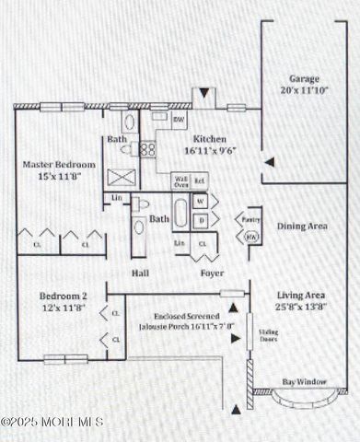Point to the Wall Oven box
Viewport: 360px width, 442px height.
click(x=181, y=180)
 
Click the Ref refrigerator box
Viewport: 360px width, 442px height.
click(x=200, y=181)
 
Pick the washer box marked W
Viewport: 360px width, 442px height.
click(x=202, y=201)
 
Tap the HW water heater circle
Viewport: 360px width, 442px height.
click(x=250, y=237)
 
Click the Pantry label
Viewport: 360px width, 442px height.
click(x=250, y=220)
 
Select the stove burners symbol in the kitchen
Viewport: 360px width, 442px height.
click(x=147, y=147)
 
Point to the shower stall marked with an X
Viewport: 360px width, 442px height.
click(x=121, y=178)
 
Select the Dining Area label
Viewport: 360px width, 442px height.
click(x=302, y=226)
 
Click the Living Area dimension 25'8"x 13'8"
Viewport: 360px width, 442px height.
click(x=303, y=307)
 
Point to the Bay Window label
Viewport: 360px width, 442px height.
click(x=302, y=381)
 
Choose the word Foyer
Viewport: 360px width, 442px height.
click(x=213, y=273)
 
